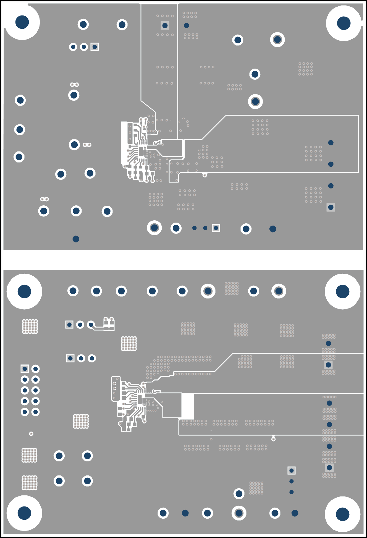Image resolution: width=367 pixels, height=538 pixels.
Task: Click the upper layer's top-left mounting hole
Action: point(22,22)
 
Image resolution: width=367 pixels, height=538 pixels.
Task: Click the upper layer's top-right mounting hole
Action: point(344,23)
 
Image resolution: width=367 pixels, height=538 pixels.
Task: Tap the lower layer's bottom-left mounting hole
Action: point(24,513)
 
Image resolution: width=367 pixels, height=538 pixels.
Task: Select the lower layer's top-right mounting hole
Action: point(342,291)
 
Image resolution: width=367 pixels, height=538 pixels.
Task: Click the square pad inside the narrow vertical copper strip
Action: point(165,25)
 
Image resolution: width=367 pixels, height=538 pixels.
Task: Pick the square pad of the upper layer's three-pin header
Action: point(95,47)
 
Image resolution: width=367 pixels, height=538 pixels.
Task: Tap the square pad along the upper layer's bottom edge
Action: point(216,228)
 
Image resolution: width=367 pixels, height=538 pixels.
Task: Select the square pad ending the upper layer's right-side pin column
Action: point(331,207)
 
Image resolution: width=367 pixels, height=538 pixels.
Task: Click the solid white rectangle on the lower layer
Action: point(187,406)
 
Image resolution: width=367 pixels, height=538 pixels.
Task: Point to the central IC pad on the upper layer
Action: point(141,152)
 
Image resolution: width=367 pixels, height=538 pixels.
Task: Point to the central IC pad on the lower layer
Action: point(140,400)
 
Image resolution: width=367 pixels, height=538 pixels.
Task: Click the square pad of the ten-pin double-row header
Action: point(25,369)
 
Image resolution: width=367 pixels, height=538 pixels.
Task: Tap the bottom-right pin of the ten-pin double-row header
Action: point(35,412)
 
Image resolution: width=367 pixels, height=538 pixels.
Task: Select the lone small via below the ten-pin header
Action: point(31,433)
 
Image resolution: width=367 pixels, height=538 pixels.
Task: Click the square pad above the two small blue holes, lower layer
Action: point(291,470)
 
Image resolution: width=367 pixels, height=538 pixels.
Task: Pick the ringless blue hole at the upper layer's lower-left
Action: point(76,239)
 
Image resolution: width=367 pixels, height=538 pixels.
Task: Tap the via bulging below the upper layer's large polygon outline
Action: point(205,175)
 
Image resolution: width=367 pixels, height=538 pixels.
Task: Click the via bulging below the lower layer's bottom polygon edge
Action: point(273,439)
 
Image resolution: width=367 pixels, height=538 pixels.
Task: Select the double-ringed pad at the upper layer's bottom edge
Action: point(154,228)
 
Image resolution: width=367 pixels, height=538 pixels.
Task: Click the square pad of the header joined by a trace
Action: point(69,325)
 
